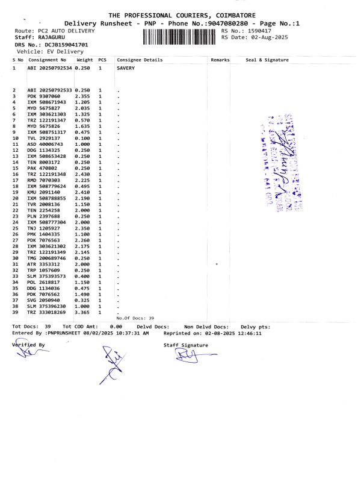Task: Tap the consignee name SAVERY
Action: click(x=126, y=69)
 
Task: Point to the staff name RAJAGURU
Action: click(x=51, y=37)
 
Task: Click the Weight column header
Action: click(x=84, y=60)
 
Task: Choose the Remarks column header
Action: click(x=220, y=60)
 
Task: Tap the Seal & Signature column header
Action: click(x=267, y=60)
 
